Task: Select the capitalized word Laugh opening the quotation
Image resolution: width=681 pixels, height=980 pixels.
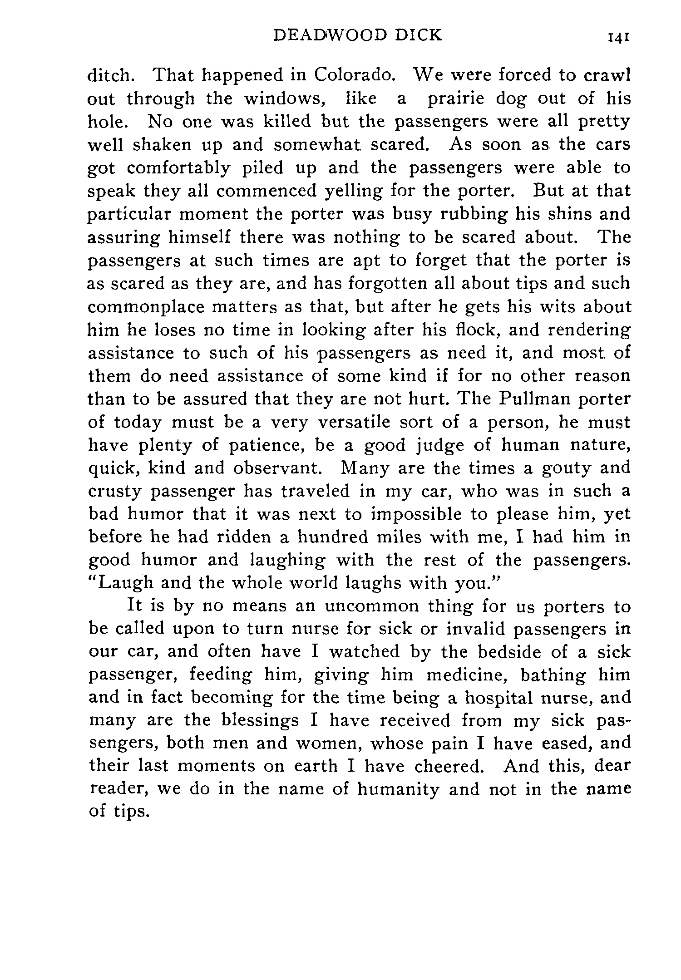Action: [x=122, y=583]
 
